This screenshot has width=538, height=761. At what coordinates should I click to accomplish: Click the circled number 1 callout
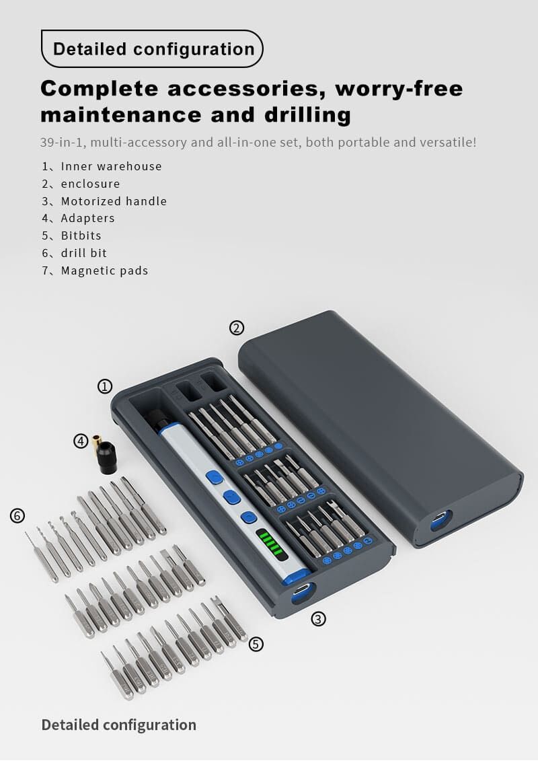pyautogui.click(x=105, y=386)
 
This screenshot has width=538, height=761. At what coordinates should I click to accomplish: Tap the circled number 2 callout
pyautogui.click(x=237, y=328)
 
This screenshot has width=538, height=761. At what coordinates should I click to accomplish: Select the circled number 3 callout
pyautogui.click(x=318, y=619)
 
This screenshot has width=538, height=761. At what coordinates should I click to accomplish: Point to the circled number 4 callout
pyautogui.click(x=81, y=441)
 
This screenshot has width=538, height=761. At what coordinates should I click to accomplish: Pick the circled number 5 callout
pyautogui.click(x=256, y=644)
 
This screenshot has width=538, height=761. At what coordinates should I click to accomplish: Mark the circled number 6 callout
pyautogui.click(x=17, y=515)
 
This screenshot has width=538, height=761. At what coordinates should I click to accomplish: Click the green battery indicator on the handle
pyautogui.click(x=269, y=542)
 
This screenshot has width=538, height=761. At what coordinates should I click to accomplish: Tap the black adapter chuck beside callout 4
pyautogui.click(x=106, y=457)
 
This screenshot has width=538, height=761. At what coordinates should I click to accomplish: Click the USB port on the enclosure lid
pyautogui.click(x=440, y=519)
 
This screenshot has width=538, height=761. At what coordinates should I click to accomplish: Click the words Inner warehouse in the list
pyautogui.click(x=111, y=166)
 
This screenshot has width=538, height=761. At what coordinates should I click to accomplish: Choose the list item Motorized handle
pyautogui.click(x=114, y=201)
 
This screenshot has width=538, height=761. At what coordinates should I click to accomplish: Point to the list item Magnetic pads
pyautogui.click(x=104, y=270)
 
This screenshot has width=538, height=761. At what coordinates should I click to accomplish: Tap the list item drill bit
pyautogui.click(x=84, y=254)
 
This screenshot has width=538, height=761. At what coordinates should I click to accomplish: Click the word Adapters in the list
pyautogui.click(x=88, y=219)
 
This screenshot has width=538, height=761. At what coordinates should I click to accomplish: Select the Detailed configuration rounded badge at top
pyautogui.click(x=153, y=48)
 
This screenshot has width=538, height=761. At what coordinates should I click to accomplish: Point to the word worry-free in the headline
pyautogui.click(x=399, y=89)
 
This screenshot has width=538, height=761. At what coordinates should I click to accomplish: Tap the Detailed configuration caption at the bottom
pyautogui.click(x=119, y=725)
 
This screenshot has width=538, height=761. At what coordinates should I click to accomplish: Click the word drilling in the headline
pyautogui.click(x=307, y=116)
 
